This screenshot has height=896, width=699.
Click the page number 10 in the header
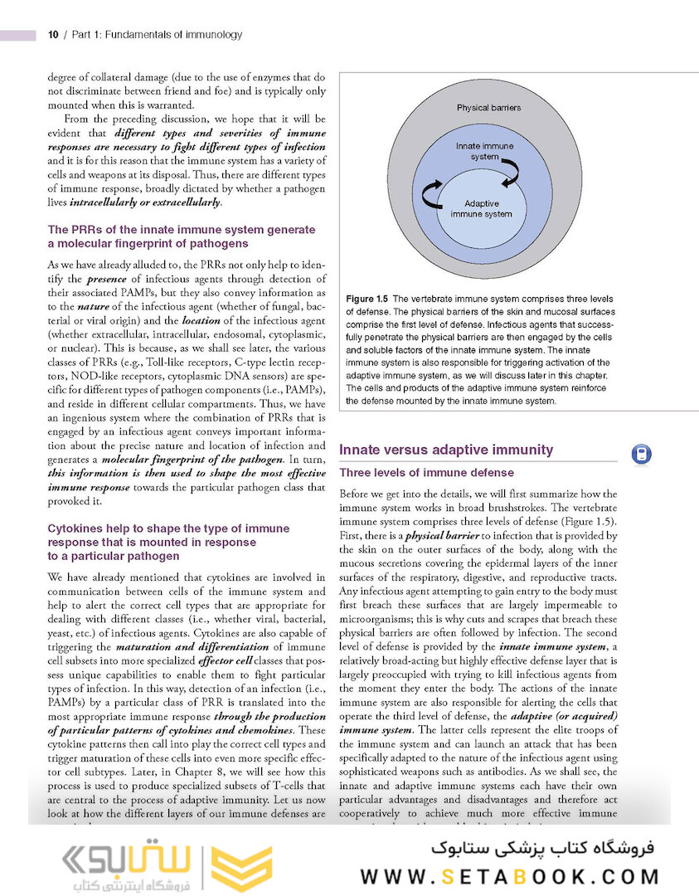52,35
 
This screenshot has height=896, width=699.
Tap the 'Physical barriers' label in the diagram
488,108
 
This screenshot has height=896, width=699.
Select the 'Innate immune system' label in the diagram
484,151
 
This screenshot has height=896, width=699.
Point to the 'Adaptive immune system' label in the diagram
481,208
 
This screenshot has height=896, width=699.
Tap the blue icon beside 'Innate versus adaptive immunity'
641,454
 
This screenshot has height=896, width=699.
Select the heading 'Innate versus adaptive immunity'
446,450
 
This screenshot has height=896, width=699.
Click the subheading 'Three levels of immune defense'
427,473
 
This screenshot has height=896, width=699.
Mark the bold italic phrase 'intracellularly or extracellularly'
156,202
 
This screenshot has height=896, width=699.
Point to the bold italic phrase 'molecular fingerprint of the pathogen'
194,459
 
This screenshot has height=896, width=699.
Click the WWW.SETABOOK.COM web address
509,875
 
